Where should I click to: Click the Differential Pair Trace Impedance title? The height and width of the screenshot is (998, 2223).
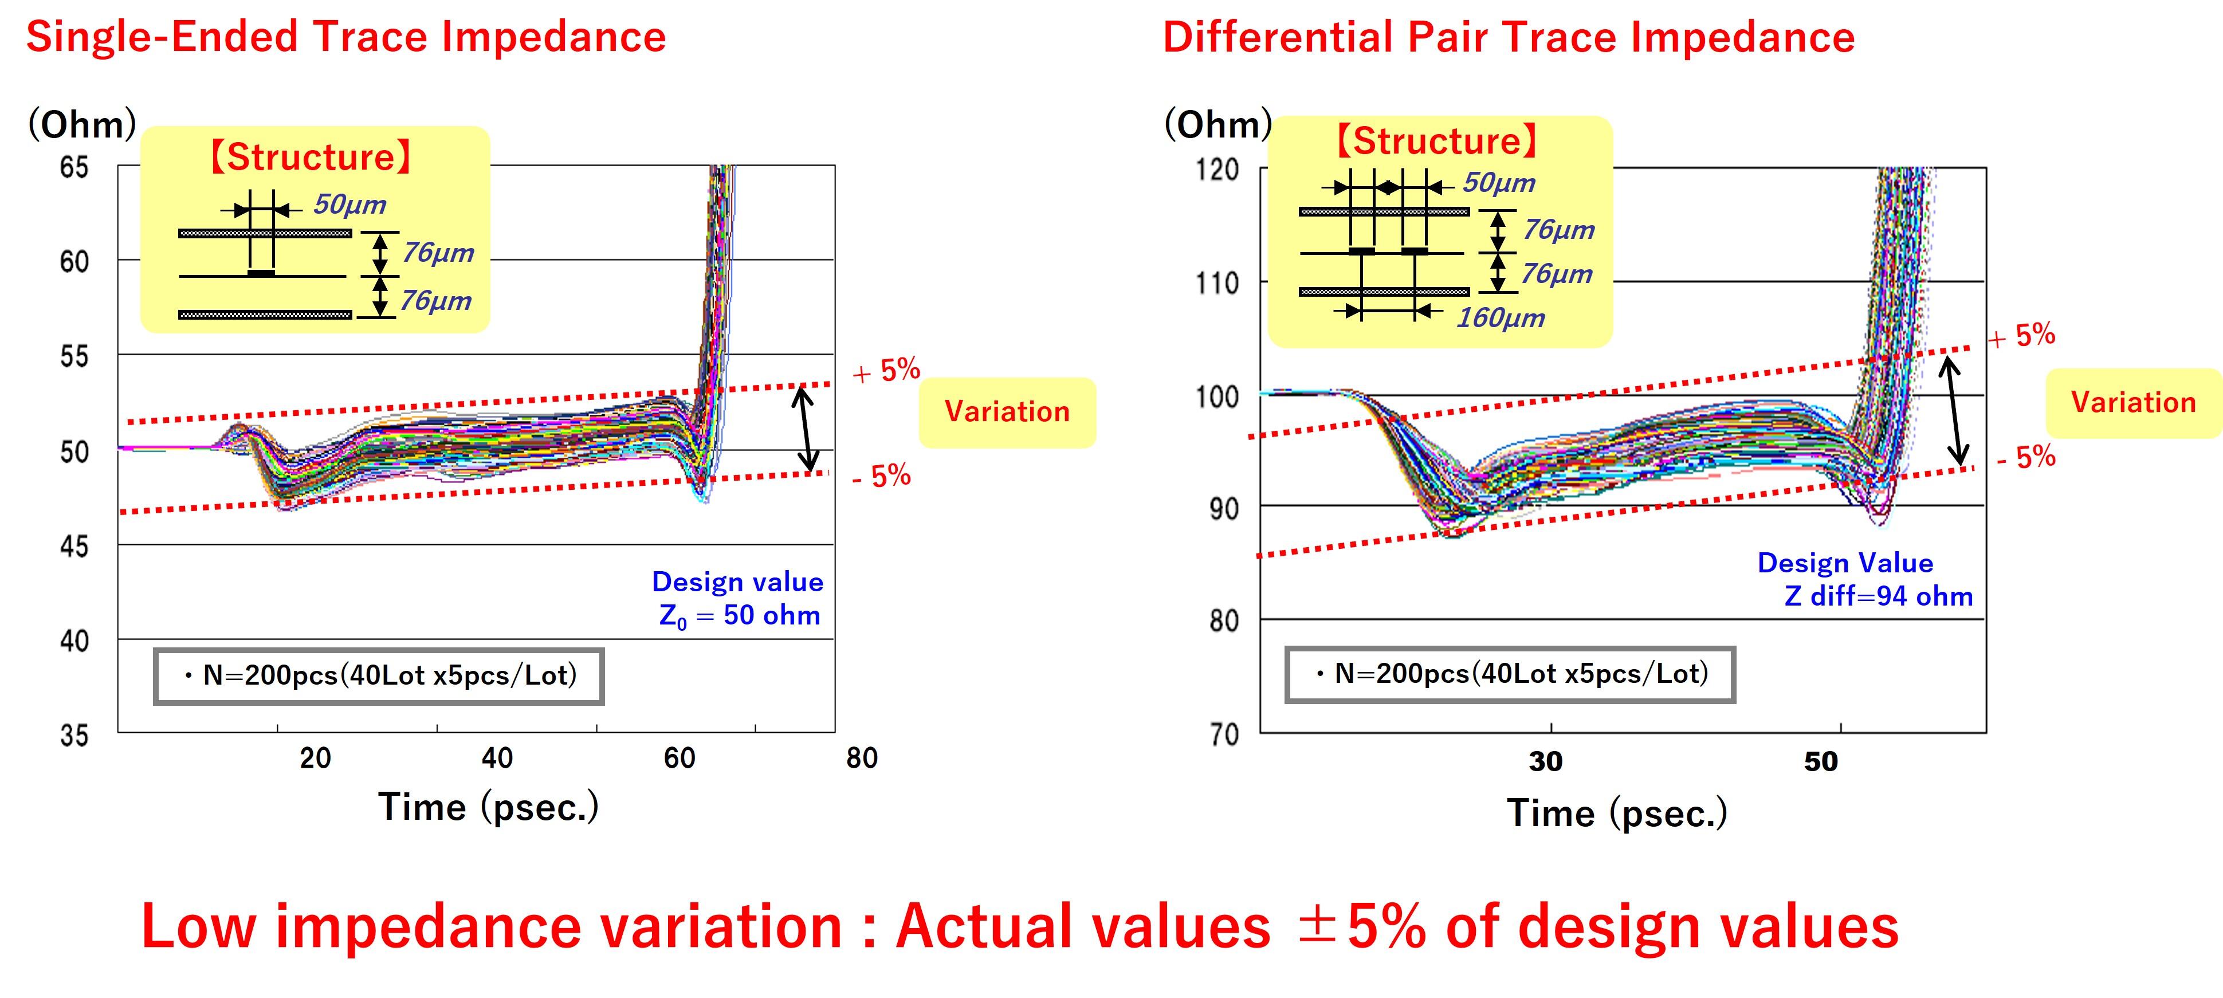[1509, 38]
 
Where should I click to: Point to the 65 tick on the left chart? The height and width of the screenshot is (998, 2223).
[74, 167]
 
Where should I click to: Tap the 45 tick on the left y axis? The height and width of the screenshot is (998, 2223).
[74, 546]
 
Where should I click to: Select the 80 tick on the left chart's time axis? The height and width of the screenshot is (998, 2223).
[861, 758]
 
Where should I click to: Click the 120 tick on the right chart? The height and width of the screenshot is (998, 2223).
[1217, 169]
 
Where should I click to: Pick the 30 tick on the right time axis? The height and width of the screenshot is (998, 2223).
[1546, 761]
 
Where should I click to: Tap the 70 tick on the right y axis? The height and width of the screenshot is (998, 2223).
[1224, 735]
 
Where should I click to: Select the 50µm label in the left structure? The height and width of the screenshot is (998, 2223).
[349, 205]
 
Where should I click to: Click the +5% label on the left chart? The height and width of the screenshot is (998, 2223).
[886, 371]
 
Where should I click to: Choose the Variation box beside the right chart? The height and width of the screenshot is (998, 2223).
[2133, 403]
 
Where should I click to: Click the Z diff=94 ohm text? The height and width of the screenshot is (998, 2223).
[1878, 596]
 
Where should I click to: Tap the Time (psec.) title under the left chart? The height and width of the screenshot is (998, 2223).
[489, 807]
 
